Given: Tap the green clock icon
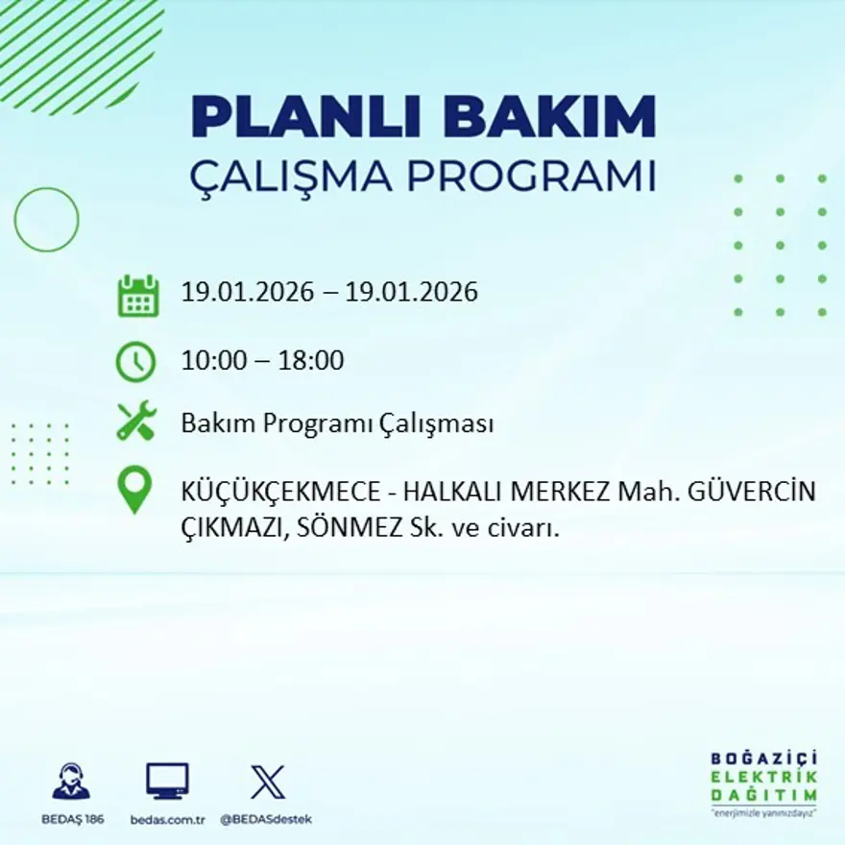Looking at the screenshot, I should tap(135, 362).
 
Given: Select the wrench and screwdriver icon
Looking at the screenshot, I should tap(136, 422).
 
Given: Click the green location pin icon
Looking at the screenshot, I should tap(134, 489).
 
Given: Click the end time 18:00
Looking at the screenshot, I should tap(311, 361).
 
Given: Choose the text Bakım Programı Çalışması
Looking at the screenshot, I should tap(337, 423).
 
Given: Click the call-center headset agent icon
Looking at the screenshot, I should tap(71, 781).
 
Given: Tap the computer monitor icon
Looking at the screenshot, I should tap(167, 781).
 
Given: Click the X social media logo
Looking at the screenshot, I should tap(267, 781).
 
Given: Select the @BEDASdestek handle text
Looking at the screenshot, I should tap(266, 819).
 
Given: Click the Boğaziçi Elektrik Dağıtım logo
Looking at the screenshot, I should tap(764, 780).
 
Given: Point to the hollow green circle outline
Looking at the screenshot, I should tap(46, 220).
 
